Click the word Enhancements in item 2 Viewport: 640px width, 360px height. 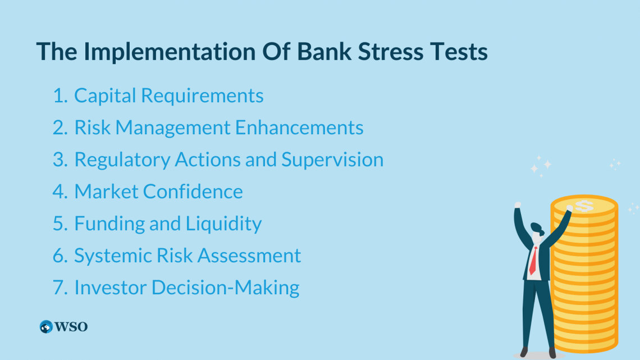[299, 127]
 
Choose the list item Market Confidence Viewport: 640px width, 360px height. [158, 192]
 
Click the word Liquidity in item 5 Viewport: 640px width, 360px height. [223, 224]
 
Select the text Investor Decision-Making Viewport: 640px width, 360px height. [186, 288]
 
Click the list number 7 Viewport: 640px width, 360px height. [59, 288]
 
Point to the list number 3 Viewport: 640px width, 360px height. [60, 160]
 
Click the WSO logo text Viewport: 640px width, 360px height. [71, 327]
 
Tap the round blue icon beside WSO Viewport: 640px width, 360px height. [46, 326]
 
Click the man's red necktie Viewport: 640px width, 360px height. [533, 261]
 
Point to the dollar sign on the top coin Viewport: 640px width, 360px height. [584, 206]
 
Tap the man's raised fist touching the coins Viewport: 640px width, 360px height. [569, 208]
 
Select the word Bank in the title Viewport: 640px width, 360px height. [324, 52]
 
